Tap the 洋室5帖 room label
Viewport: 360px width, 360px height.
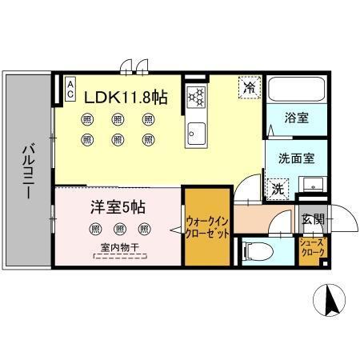coord(117,207)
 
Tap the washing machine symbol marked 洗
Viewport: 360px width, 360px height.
coord(275,190)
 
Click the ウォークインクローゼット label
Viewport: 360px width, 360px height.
coord(207,226)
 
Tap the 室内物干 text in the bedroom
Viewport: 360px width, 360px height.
coord(118,248)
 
